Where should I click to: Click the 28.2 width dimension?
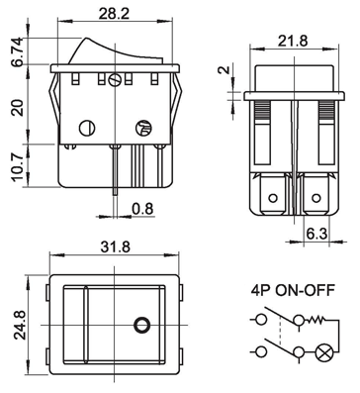click(x=114, y=14)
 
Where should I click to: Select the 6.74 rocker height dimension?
click(x=18, y=51)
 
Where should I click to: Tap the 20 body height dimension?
click(x=18, y=107)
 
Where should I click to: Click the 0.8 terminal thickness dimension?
click(x=143, y=209)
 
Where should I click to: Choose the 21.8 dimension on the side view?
click(x=293, y=41)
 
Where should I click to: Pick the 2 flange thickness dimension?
click(x=225, y=70)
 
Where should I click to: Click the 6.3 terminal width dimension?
click(x=316, y=234)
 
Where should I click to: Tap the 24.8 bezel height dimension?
click(x=20, y=325)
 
